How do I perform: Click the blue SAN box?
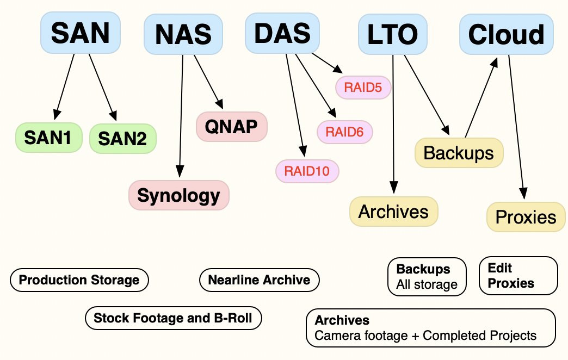click(x=80, y=33)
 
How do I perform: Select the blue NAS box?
click(x=183, y=34)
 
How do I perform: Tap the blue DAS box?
click(x=282, y=33)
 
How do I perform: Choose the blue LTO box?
click(x=392, y=34)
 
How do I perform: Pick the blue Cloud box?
click(x=506, y=34)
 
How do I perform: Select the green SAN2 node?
click(x=122, y=139)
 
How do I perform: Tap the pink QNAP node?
click(x=231, y=126)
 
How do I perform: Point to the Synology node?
click(x=179, y=195)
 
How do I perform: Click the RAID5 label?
click(x=363, y=88)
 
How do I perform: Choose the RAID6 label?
click(x=344, y=131)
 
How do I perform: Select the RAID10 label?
click(x=307, y=171)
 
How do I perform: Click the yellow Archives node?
click(x=394, y=211)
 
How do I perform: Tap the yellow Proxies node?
click(x=526, y=217)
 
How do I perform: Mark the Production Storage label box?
click(x=79, y=280)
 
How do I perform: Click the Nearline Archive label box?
click(x=260, y=280)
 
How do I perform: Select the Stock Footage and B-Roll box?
click(x=173, y=318)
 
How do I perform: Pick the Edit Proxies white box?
click(x=518, y=276)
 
